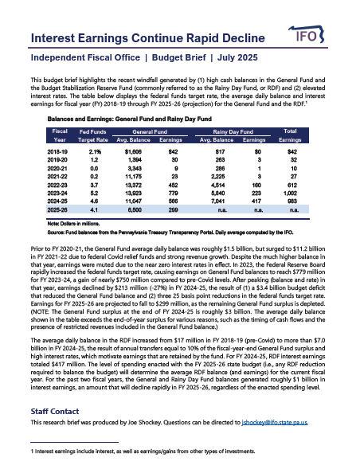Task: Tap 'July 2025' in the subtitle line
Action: click(225, 59)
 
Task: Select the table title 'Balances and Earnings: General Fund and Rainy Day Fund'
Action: click(127, 117)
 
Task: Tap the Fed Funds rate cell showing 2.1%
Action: click(95, 150)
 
